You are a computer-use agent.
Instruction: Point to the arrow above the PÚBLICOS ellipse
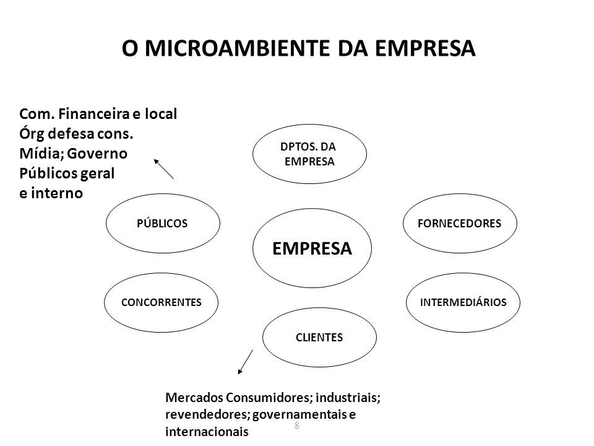pyautogui.click(x=163, y=168)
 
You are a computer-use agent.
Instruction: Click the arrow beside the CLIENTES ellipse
pyautogui.click(x=245, y=362)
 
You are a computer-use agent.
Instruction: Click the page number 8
pyautogui.click(x=296, y=426)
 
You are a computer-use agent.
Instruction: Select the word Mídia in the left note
pyautogui.click(x=41, y=154)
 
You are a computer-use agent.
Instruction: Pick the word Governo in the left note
pyautogui.click(x=97, y=154)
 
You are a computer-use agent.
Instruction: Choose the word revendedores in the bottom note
pyautogui.click(x=207, y=414)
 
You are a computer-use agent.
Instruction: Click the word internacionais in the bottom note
pyautogui.click(x=207, y=431)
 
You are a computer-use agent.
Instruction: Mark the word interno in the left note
pyautogui.click(x=57, y=193)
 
